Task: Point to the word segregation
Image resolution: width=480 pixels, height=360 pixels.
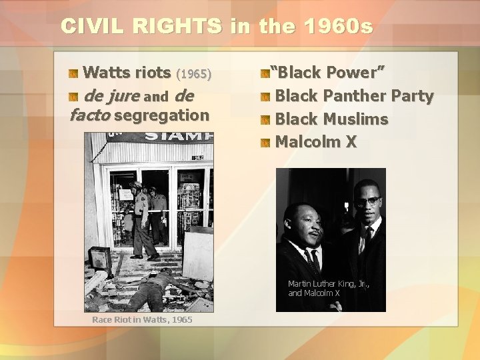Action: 162,115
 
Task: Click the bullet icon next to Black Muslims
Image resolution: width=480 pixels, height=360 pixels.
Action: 266,121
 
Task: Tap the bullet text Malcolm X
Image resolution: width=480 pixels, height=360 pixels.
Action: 316,142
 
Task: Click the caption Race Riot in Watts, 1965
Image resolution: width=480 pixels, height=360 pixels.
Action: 142,320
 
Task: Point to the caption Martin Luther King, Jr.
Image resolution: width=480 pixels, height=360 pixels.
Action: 329,284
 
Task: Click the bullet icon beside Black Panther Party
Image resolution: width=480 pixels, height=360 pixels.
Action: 266,97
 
